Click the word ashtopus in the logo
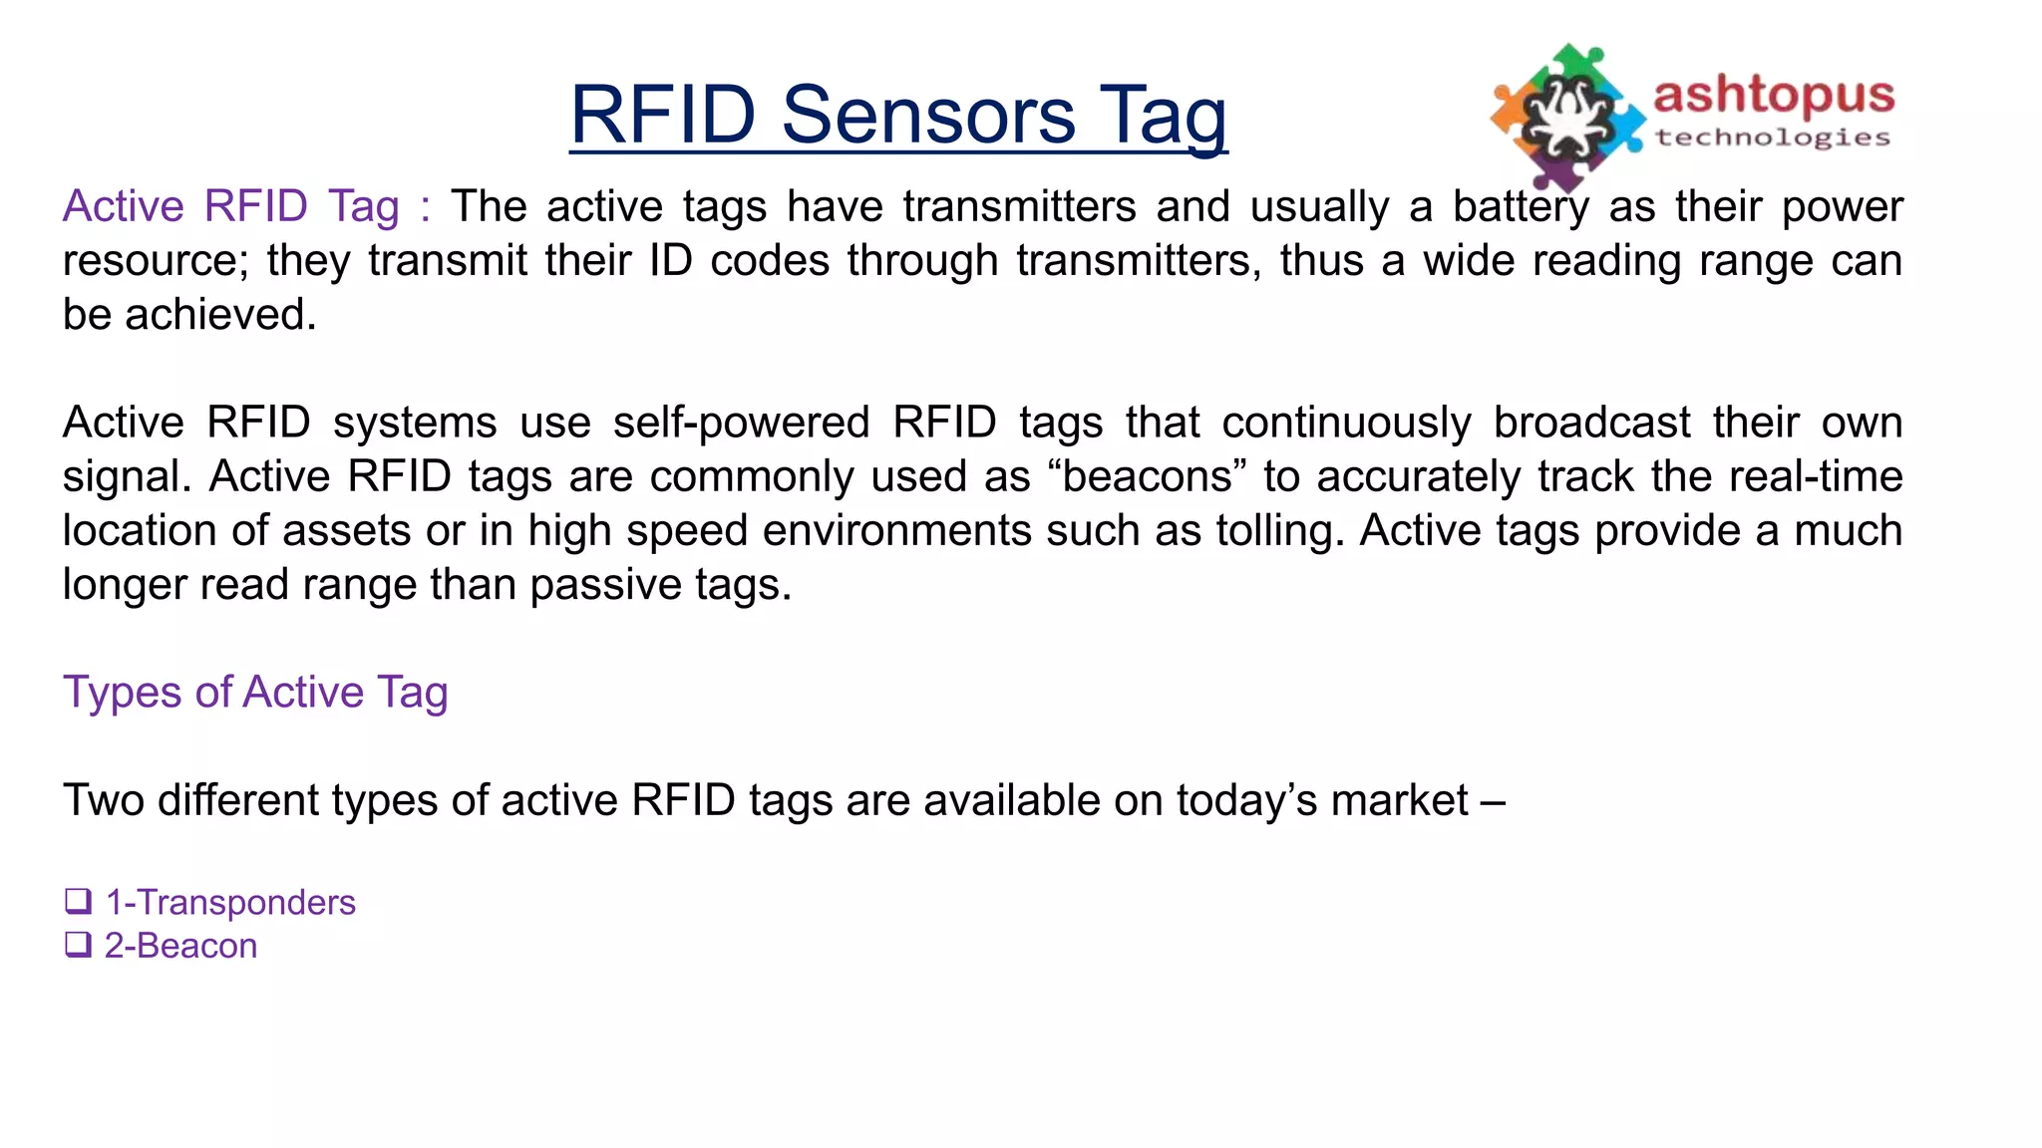point(1773,96)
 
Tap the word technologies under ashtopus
point(1773,138)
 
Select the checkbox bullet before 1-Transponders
point(78,901)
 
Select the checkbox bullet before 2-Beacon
point(78,944)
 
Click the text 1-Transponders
point(230,902)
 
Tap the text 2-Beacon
point(180,945)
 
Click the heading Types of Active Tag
point(255,692)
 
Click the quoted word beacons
point(1148,476)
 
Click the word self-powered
point(741,423)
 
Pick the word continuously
point(1346,423)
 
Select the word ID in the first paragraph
point(670,261)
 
